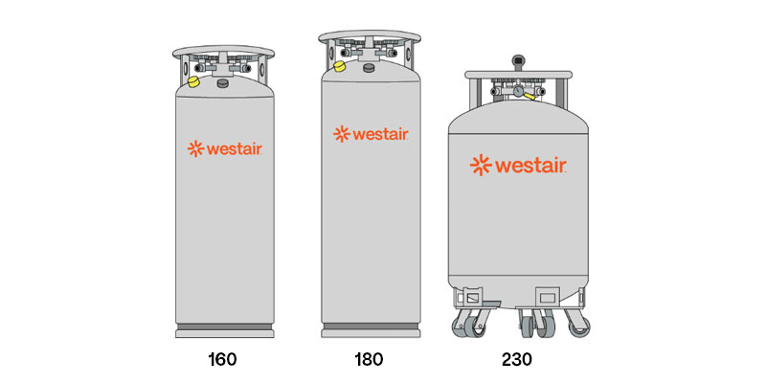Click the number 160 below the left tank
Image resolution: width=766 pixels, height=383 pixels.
(222, 360)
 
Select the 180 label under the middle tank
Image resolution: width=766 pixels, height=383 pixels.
(369, 360)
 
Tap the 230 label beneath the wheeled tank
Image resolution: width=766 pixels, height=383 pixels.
(517, 360)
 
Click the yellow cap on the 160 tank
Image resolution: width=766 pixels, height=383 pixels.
(193, 81)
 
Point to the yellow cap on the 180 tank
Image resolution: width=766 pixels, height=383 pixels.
(339, 66)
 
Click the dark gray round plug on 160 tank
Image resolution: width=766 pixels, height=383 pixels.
(223, 83)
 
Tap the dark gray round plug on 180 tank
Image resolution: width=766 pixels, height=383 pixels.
(369, 68)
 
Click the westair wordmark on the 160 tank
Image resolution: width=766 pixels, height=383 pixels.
(235, 149)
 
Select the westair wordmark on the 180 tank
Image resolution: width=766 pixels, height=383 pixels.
(380, 134)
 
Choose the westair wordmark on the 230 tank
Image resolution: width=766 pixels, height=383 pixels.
(530, 165)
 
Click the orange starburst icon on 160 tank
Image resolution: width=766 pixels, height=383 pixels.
(195, 149)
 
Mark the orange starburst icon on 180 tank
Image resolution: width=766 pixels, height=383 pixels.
(342, 134)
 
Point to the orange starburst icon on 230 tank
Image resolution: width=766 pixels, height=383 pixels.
(481, 165)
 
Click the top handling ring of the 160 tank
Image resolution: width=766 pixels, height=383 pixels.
(223, 52)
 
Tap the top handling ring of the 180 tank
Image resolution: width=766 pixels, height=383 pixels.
(370, 36)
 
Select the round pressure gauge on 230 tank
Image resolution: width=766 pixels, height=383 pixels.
(518, 91)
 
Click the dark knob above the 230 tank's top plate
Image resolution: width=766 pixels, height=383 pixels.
(518, 61)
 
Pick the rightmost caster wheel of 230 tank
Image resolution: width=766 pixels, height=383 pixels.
(580, 327)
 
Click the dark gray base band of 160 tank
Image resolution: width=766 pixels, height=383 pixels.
(224, 327)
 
